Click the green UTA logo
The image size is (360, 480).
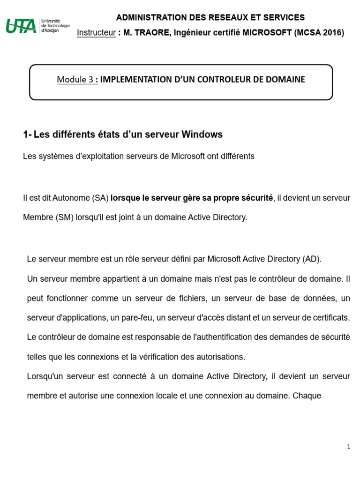21,26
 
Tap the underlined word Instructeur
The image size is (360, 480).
96,32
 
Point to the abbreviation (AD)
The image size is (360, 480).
312,259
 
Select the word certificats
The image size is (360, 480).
332,318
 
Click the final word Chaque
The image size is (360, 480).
307,396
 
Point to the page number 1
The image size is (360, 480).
349,447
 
